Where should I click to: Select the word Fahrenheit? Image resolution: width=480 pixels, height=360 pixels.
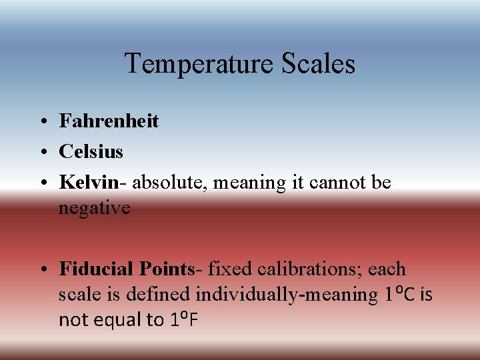[109, 121]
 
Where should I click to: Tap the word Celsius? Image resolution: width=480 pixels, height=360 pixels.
[91, 151]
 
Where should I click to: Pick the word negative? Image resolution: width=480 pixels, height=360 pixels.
[94, 208]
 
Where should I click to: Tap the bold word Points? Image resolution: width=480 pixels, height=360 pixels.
[165, 269]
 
